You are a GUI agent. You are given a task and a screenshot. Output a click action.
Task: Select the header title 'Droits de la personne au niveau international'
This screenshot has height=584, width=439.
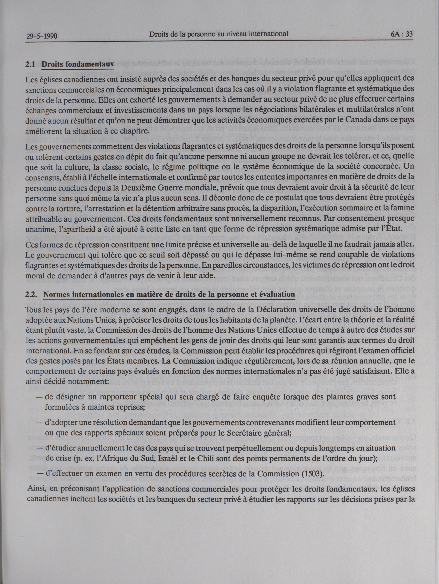(218, 34)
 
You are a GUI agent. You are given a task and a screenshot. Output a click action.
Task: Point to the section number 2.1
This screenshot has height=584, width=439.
(31, 64)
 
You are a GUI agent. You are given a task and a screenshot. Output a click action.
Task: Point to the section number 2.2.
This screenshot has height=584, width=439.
(32, 295)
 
